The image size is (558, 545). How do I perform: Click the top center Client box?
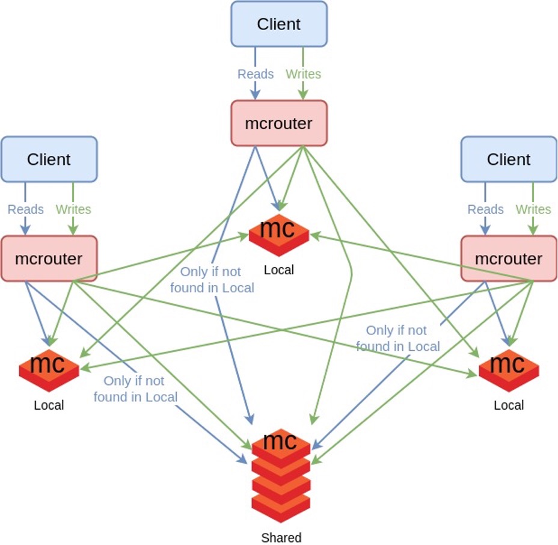[x=279, y=24]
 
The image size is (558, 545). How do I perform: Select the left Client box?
[x=49, y=159]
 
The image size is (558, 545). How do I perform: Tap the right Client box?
[x=509, y=159]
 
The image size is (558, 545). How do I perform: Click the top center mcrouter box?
[x=279, y=123]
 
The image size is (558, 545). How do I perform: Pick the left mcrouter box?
[x=49, y=259]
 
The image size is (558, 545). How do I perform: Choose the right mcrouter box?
[x=509, y=259]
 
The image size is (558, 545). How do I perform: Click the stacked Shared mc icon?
[x=281, y=475]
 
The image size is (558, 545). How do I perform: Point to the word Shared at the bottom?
[x=281, y=538]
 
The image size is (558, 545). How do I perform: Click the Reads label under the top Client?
[x=256, y=74]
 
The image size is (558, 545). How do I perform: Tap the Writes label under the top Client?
[x=303, y=74]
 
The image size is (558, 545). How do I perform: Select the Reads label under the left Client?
[x=25, y=209]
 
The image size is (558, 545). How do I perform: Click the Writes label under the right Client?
[x=533, y=209]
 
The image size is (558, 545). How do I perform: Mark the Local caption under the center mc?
[x=279, y=270]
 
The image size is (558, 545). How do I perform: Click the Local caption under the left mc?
[x=49, y=405]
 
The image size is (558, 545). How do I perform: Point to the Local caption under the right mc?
[x=509, y=405]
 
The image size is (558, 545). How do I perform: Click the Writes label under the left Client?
[x=73, y=209]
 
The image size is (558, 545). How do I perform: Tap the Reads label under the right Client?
[x=485, y=209]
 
